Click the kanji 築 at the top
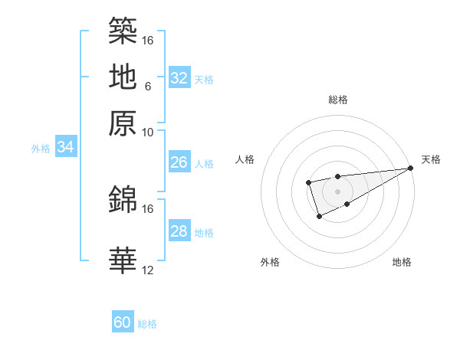[123, 31]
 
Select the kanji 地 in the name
[123, 77]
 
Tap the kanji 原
[123, 123]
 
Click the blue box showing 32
[179, 78]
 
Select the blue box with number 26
[179, 162]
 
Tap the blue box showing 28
[179, 231]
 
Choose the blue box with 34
[65, 148]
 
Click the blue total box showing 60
[123, 322]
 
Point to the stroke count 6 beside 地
[147, 87]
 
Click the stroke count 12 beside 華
[147, 270]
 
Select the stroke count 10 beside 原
[147, 133]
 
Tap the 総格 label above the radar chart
[337, 100]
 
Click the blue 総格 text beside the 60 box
[147, 324]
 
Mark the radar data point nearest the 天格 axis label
[411, 169]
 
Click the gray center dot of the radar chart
[337, 191]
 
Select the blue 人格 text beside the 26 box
[204, 164]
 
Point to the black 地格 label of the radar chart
[402, 262]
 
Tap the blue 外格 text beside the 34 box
[41, 149]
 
